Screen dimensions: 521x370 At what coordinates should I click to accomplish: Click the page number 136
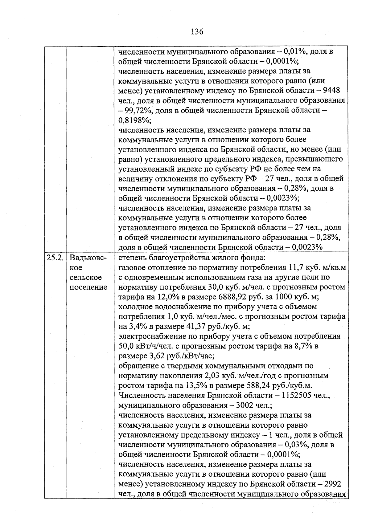pos(197,31)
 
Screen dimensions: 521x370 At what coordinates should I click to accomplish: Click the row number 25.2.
pos(55,258)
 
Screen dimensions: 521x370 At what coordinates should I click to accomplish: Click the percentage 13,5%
pos(194,386)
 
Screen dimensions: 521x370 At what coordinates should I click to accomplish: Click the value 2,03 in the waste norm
pos(211,376)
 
